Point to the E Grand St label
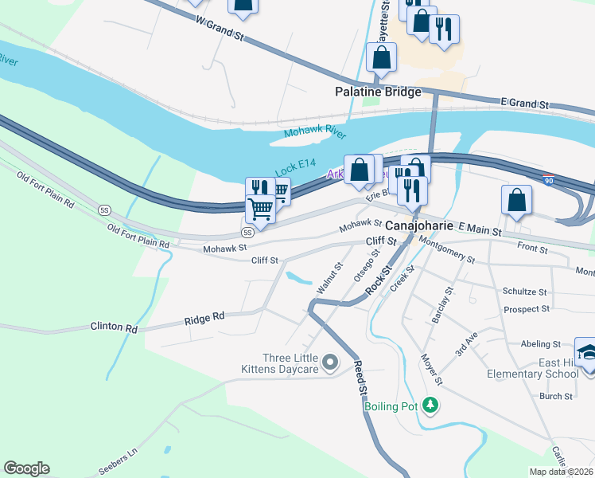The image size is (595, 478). tap(525, 104)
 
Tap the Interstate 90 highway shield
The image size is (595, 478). tap(549, 182)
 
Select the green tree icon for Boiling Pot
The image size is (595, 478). tap(430, 406)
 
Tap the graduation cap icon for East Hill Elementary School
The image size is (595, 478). tap(586, 352)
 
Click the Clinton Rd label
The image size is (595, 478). tap(114, 327)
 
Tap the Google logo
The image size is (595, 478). tap(26, 468)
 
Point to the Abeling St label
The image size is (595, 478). tap(541, 344)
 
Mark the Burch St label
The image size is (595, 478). tap(556, 396)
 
